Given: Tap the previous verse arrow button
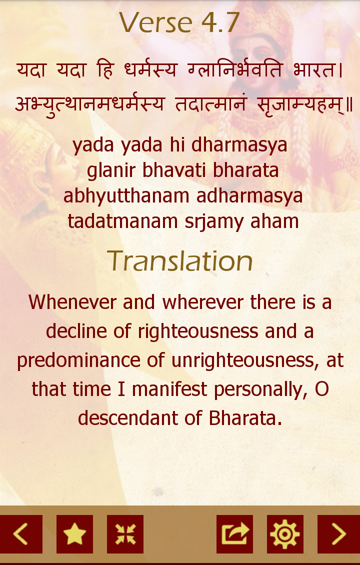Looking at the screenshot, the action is (x=21, y=534).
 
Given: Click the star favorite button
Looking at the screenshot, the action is (x=74, y=534).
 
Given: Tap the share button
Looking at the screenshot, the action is (x=234, y=534).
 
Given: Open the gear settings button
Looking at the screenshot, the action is (x=285, y=534).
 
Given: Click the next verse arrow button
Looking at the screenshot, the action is (x=338, y=534).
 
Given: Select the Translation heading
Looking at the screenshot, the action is (x=179, y=261).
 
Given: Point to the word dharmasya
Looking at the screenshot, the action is (x=239, y=145).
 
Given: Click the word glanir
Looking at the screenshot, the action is (x=111, y=170).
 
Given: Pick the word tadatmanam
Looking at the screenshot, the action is (x=122, y=221).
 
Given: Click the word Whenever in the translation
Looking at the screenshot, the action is (x=72, y=301).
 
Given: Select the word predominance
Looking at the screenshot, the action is (x=78, y=360).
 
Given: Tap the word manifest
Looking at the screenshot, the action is (x=169, y=389).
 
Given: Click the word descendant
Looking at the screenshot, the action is (x=127, y=418).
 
